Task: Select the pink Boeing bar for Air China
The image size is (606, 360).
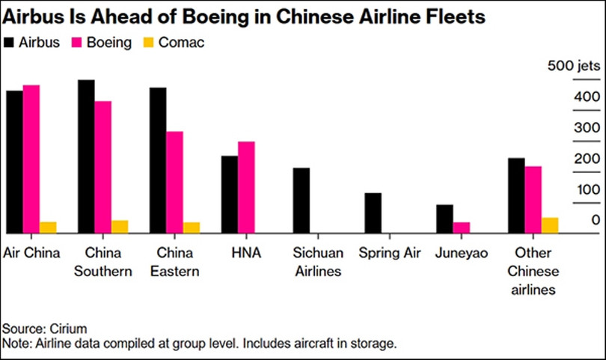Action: point(31,159)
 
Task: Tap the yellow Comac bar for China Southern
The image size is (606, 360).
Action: point(120,227)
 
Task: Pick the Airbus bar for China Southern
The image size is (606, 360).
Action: point(86,156)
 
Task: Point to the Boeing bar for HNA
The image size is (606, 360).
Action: point(246,187)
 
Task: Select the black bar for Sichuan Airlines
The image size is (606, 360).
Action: point(301,201)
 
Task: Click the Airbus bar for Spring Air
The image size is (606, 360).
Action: point(373,213)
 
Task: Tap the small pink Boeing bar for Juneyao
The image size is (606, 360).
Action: point(462,228)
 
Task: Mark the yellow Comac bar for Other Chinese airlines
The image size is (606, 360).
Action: point(550,225)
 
